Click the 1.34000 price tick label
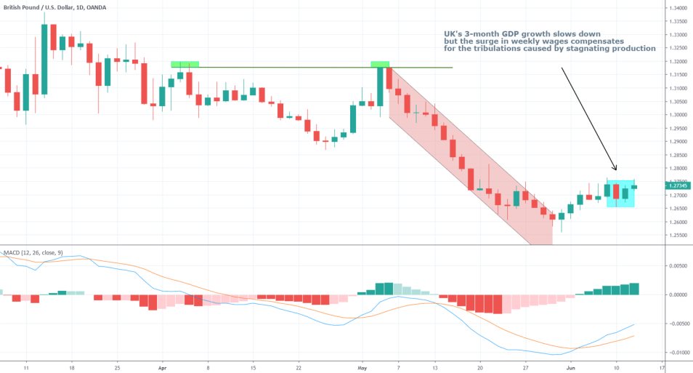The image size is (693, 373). tap(678, 7)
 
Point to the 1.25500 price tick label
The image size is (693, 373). tap(678, 236)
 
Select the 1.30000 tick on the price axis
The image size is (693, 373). tap(678, 115)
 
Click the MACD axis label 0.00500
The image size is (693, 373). tap(678, 266)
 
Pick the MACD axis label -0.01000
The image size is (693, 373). tap(678, 353)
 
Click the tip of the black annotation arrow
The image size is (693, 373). tap(616, 171)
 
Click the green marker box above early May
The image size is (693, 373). tap(379, 64)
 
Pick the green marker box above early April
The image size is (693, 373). tap(185, 64)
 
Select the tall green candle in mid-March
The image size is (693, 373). tap(44, 59)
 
